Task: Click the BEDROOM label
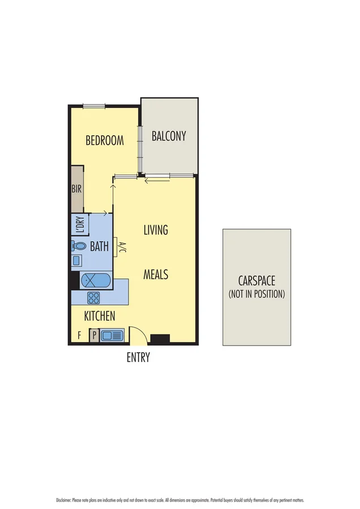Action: [x=105, y=141]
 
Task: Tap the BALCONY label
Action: [x=169, y=136]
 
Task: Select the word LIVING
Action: [x=156, y=230]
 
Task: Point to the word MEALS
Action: [x=156, y=275]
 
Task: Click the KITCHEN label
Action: [x=100, y=316]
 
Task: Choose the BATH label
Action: [x=100, y=247]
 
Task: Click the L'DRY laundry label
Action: [x=79, y=226]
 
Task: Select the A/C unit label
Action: [x=121, y=247]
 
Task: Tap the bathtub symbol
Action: [x=96, y=280]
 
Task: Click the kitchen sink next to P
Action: [x=112, y=336]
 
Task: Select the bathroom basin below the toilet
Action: [x=76, y=260]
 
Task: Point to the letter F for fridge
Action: [x=79, y=336]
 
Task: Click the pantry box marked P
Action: [x=94, y=336]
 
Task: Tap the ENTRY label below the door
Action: [x=138, y=357]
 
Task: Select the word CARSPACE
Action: [x=256, y=281]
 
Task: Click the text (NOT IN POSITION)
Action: [x=256, y=295]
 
